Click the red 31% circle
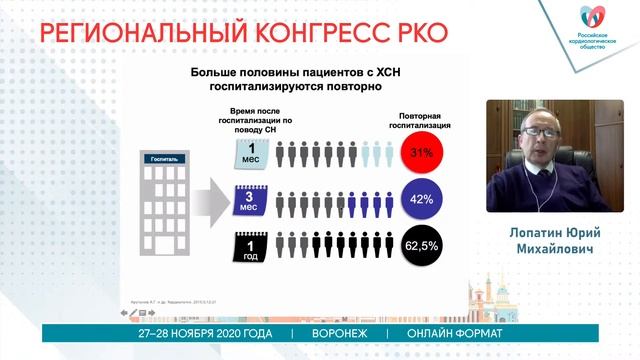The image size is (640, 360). click(x=421, y=154)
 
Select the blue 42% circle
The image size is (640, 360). click(x=421, y=199)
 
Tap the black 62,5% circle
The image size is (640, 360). click(x=421, y=244)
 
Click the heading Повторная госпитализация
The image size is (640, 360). click(x=421, y=121)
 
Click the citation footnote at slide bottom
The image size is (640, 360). click(x=170, y=297)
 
